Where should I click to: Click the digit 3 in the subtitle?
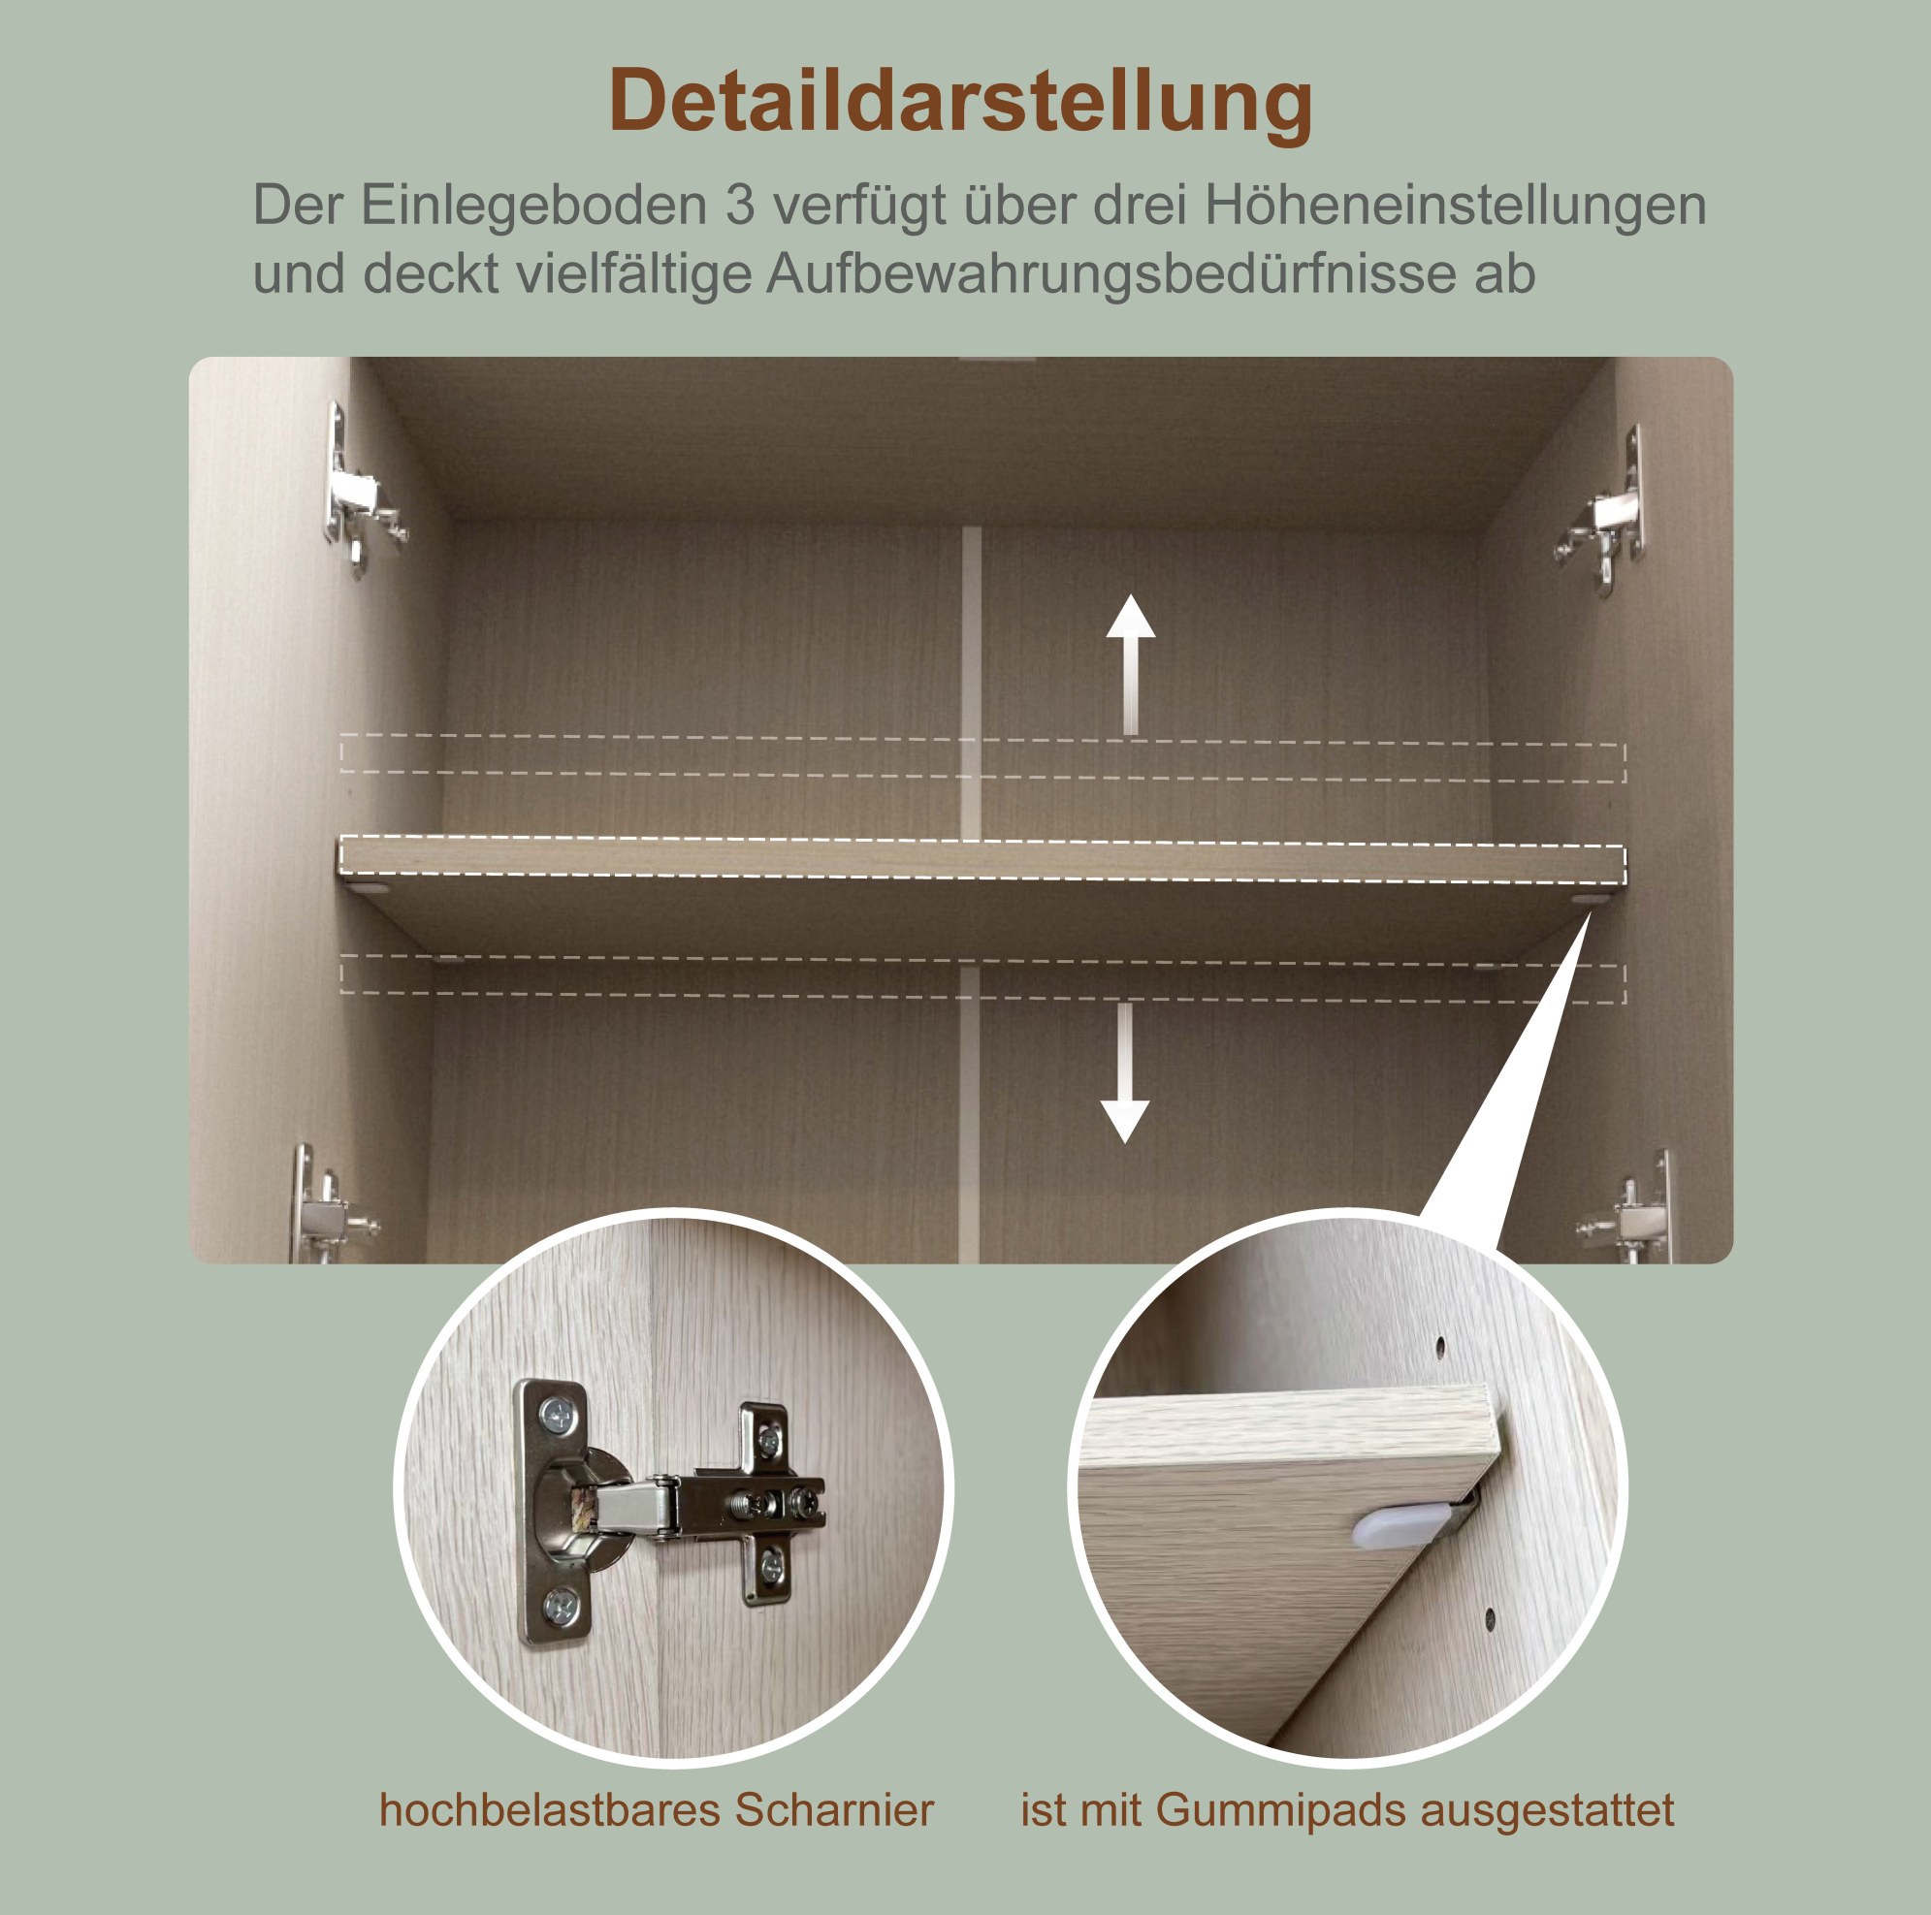[x=741, y=205]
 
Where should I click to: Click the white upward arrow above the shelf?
[x=1131, y=664]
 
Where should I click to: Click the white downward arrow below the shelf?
[x=1125, y=1072]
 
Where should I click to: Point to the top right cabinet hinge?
[x=1601, y=512]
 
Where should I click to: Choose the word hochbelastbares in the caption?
[x=551, y=1810]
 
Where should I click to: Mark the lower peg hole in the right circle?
[x=1490, y=1617]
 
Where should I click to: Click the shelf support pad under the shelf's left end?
[x=372, y=885]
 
